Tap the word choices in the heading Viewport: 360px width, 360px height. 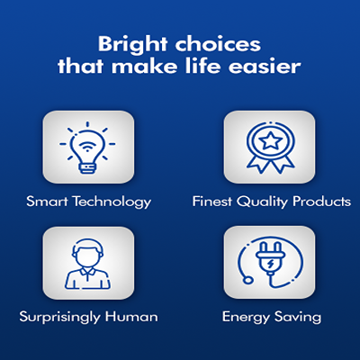[x=218, y=44]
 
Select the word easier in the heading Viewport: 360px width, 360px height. [x=265, y=67]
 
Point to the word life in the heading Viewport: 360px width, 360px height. [x=204, y=66]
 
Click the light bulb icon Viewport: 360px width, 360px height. [x=87, y=148]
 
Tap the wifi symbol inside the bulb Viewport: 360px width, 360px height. [x=87, y=147]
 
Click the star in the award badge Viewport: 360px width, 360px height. [x=271, y=140]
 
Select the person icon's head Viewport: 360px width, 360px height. [x=87, y=254]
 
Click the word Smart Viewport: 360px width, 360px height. [x=47, y=202]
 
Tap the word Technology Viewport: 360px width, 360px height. [x=112, y=202]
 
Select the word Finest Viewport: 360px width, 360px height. [x=212, y=202]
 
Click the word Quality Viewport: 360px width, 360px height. [x=262, y=202]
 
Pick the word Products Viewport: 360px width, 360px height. [x=321, y=202]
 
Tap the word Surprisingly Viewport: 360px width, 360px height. [x=59, y=318]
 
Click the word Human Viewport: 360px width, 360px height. [x=131, y=317]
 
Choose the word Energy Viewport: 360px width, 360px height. [x=246, y=318]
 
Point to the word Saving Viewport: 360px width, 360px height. [x=298, y=318]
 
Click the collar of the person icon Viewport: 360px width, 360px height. [x=87, y=273]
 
